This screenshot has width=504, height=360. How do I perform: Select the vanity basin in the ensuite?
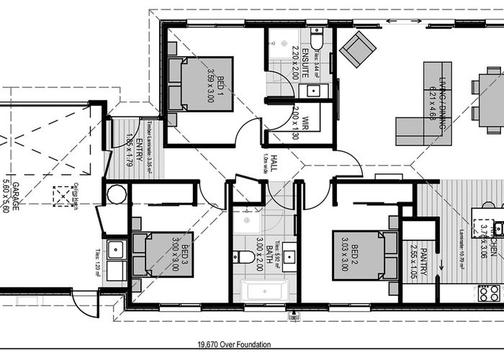(x=312, y=91)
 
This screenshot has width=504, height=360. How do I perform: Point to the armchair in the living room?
(x=357, y=48)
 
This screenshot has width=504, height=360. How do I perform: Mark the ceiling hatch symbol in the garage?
(x=64, y=196)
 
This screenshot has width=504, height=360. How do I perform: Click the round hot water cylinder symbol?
(x=116, y=194)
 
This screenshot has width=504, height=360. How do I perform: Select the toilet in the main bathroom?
(x=243, y=256)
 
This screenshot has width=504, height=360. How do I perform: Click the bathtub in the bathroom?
(x=264, y=291)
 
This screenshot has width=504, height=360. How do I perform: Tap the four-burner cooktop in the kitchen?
(x=489, y=293)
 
